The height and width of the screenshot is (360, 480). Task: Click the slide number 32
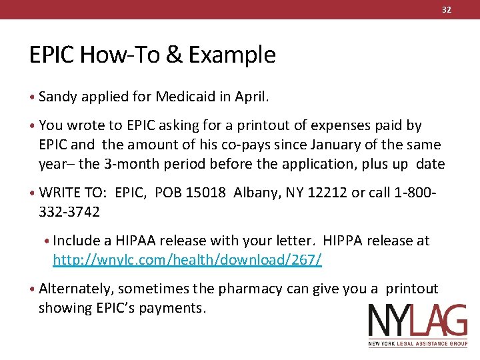(x=446, y=9)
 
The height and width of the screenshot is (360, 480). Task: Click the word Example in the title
(x=232, y=55)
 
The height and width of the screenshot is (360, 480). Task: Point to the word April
(x=251, y=97)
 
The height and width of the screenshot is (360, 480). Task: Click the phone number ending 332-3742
(x=69, y=212)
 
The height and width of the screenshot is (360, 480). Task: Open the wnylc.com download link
(x=187, y=260)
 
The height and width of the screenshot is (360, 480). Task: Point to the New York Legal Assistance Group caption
(x=418, y=344)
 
